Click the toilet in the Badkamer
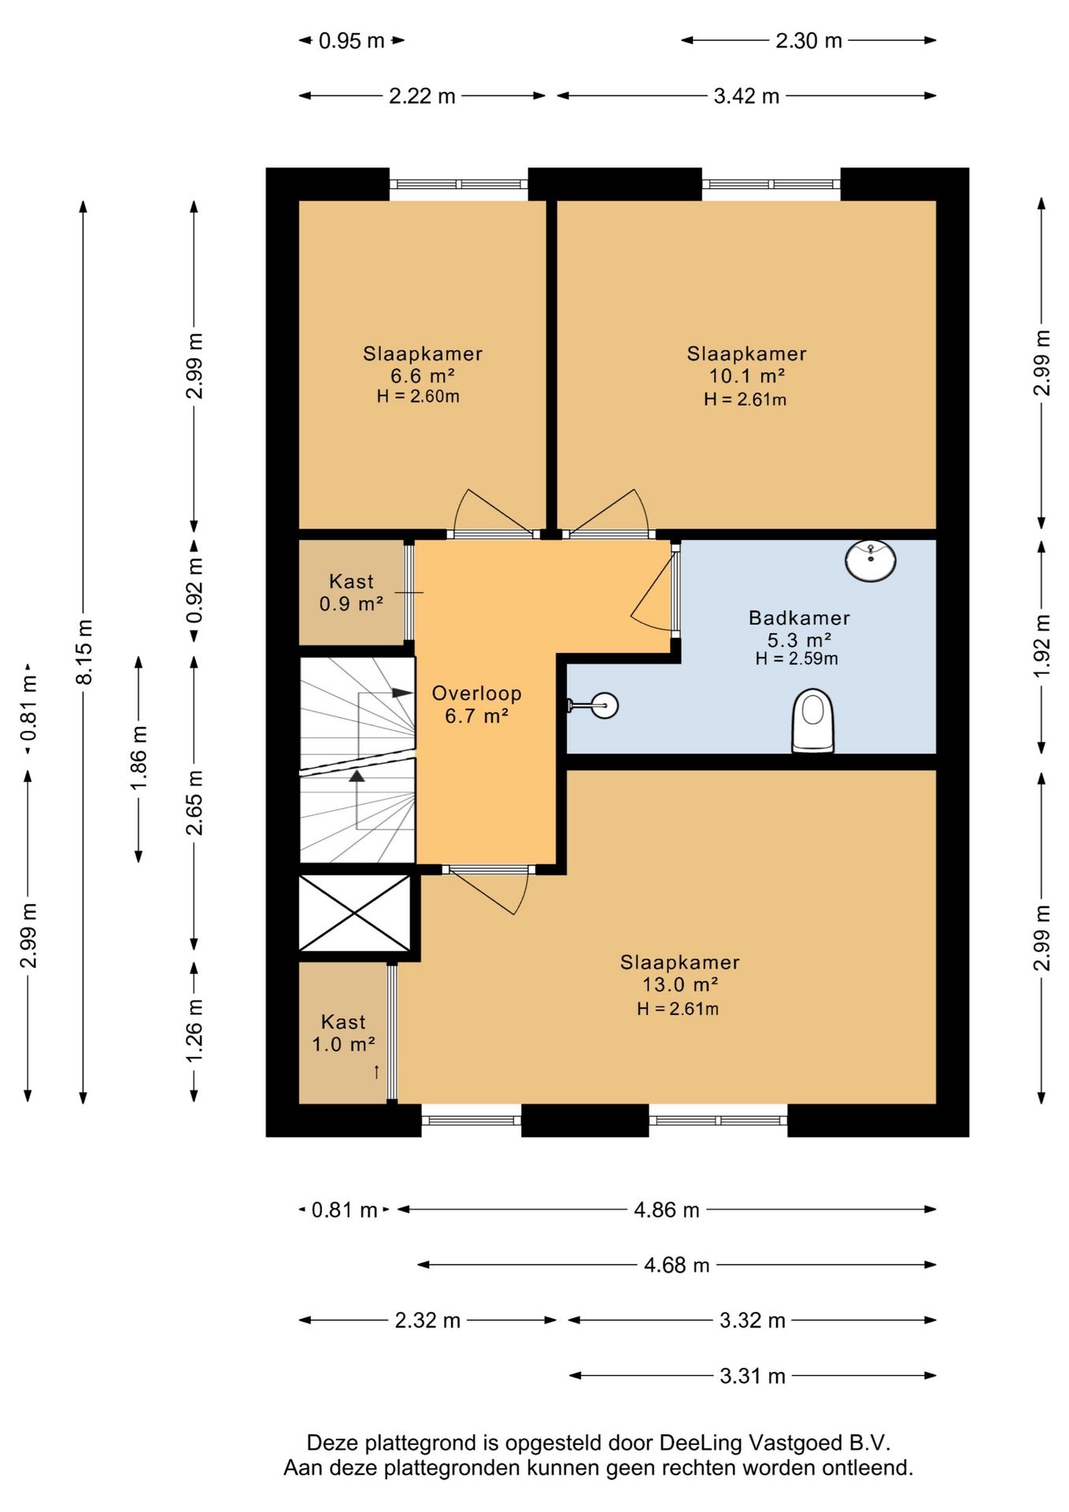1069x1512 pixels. (812, 721)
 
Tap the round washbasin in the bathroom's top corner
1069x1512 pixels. (871, 561)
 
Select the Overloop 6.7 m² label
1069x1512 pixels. (476, 704)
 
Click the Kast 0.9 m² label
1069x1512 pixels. (351, 592)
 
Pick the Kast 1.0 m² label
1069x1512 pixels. (343, 1032)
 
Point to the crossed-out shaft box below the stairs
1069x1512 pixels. (355, 913)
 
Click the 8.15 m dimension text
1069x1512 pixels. (83, 651)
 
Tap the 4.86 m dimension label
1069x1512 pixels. (667, 1209)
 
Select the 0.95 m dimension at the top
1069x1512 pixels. (351, 40)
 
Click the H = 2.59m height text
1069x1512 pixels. (797, 658)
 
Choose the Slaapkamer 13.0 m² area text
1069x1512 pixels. (679, 973)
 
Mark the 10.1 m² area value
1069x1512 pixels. (747, 376)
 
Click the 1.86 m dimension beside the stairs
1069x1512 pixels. (139, 758)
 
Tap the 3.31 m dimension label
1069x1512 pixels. (753, 1375)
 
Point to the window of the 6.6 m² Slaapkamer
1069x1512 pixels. (459, 184)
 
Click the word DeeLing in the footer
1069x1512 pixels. (700, 1443)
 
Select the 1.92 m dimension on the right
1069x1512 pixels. (1041, 645)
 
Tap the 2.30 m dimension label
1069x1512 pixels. (808, 40)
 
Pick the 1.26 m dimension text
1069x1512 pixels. (194, 1030)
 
